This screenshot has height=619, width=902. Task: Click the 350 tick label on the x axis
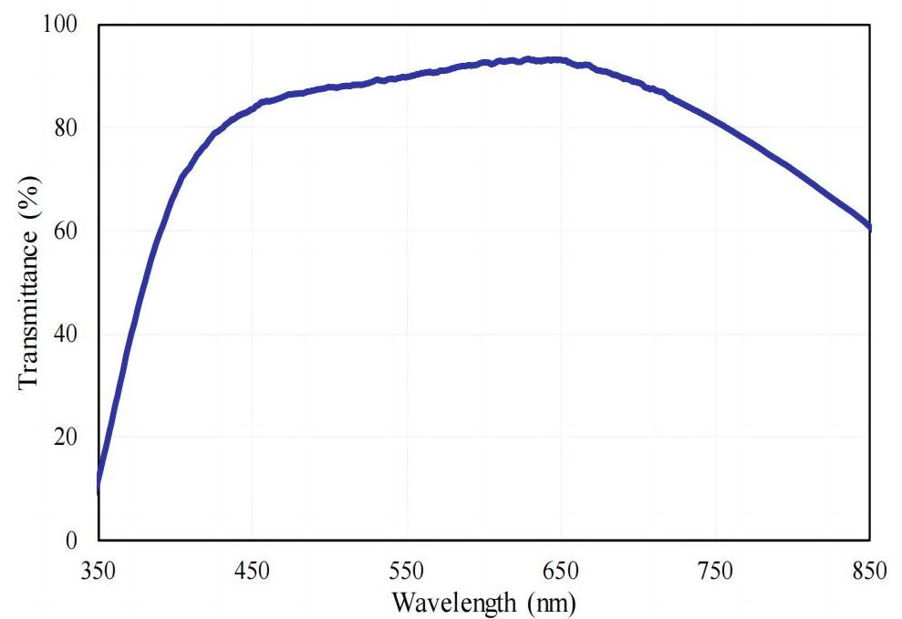(x=98, y=572)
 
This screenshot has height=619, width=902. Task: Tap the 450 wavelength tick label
(x=252, y=572)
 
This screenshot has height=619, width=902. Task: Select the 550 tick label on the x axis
(x=407, y=572)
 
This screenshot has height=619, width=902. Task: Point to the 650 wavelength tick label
(x=561, y=572)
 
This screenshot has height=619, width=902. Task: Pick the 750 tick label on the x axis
(x=715, y=572)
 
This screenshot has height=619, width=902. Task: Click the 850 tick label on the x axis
(x=869, y=572)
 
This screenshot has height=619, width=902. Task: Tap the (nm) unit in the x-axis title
(x=548, y=602)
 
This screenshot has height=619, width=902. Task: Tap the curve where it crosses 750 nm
(x=715, y=122)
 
